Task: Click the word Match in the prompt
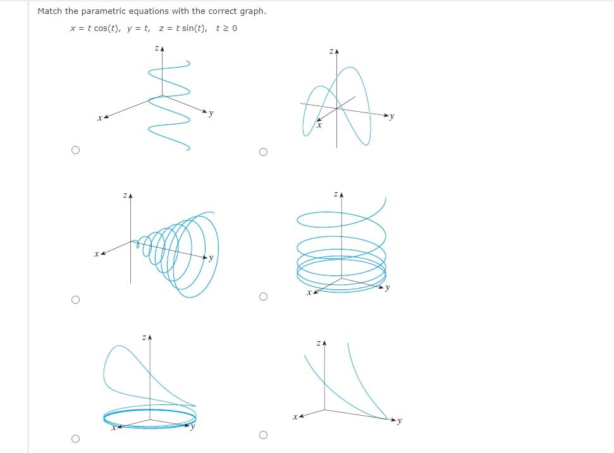pyautogui.click(x=49, y=11)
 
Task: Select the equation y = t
pyautogui.click(x=138, y=28)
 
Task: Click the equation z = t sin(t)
pyautogui.click(x=183, y=28)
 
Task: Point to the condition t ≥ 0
pyautogui.click(x=226, y=28)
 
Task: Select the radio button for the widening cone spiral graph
pyautogui.click(x=76, y=299)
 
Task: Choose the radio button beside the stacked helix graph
pyautogui.click(x=263, y=296)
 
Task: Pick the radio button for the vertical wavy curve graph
pyautogui.click(x=76, y=150)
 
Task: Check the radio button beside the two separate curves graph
pyautogui.click(x=263, y=435)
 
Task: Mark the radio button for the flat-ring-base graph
pyautogui.click(x=76, y=438)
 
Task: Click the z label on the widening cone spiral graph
pyautogui.click(x=125, y=196)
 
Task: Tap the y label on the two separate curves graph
pyautogui.click(x=400, y=421)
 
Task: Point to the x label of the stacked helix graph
pyautogui.click(x=308, y=293)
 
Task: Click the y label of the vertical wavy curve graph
pyautogui.click(x=211, y=114)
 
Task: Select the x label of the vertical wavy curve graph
pyautogui.click(x=99, y=118)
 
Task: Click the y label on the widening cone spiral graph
pyautogui.click(x=211, y=258)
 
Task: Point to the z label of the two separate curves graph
pyautogui.click(x=319, y=344)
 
